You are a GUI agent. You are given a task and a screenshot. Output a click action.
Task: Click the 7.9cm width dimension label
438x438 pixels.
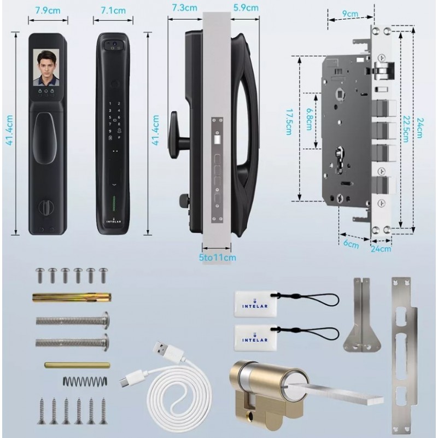[x=48, y=10]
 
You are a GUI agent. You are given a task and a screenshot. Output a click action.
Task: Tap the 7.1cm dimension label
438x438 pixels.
[x=113, y=10]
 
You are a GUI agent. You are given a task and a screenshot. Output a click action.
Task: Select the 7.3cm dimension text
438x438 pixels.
[x=185, y=8]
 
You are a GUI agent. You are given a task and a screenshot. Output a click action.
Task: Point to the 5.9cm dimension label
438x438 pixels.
[x=246, y=8]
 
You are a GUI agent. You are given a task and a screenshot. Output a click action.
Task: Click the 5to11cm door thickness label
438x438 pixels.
[x=217, y=257]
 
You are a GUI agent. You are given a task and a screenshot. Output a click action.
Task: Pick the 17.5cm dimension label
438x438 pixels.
[x=289, y=122]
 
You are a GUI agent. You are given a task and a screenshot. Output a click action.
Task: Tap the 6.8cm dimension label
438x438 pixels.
[x=309, y=119]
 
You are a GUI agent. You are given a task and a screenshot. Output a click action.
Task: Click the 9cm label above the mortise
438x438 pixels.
[x=350, y=13]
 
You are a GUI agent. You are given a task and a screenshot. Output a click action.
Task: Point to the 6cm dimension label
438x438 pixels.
[x=351, y=244]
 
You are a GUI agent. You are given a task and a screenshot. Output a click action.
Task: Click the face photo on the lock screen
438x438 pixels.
[x=46, y=67]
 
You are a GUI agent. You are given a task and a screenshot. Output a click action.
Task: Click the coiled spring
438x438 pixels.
[x=85, y=381]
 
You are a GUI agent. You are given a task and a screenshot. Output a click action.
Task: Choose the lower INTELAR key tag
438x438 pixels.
[x=255, y=338]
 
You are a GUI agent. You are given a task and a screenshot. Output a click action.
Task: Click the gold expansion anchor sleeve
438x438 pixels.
[x=72, y=297]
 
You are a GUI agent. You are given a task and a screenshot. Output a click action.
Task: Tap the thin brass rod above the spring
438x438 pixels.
[x=77, y=365]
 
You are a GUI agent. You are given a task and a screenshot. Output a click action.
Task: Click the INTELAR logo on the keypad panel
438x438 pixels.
[x=114, y=220]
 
